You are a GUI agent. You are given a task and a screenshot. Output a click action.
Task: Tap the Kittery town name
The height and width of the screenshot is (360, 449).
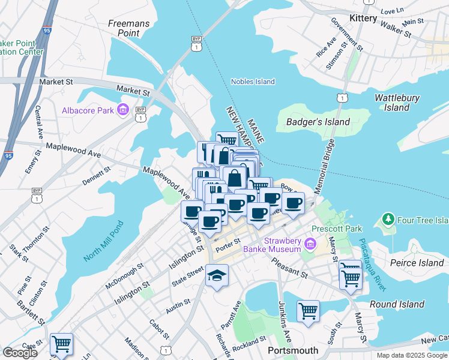[x=359, y=19]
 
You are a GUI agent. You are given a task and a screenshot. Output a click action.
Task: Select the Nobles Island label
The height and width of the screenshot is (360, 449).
[x=253, y=82]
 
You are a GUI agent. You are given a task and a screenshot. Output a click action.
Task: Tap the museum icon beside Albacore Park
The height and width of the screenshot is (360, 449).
[x=124, y=110]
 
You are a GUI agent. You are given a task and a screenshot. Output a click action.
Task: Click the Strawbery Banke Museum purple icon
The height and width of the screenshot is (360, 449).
[x=310, y=244]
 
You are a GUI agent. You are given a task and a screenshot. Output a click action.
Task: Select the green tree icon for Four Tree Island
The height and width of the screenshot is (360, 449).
[x=388, y=220]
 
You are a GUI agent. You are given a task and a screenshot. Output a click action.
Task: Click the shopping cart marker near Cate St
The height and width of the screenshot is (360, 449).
[x=62, y=344]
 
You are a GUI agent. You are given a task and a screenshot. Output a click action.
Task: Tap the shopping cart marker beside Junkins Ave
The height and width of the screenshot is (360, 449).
[x=308, y=311]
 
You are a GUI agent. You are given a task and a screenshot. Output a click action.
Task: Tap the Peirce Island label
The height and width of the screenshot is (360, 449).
[x=416, y=263]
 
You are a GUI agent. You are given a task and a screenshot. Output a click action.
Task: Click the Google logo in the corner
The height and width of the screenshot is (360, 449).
[x=20, y=353]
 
